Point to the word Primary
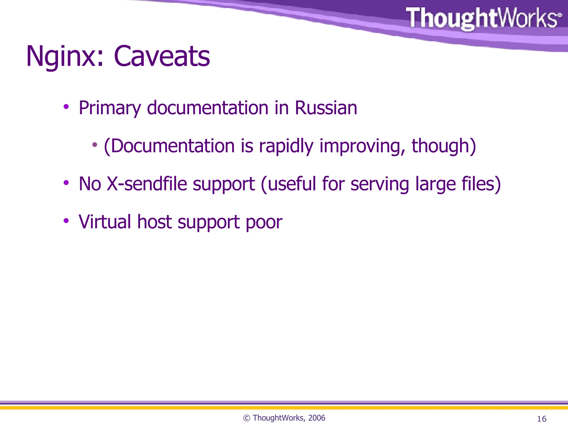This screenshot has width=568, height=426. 110,108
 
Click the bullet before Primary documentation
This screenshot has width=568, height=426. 66,106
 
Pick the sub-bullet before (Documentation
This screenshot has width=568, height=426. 95,144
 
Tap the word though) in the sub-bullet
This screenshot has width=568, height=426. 444,146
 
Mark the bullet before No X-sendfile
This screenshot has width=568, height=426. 66,182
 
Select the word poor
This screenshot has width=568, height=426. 264,222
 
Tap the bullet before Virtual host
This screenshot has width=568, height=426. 66,221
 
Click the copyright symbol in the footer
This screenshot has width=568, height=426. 247,418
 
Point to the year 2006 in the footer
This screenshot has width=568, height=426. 316,418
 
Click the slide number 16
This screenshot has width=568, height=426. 542,419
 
